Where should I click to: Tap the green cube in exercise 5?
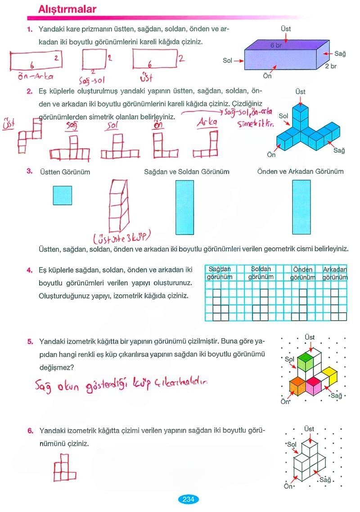click(x=306, y=362)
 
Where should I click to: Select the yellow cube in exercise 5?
click(x=330, y=373)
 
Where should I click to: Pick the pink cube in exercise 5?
click(x=313, y=385)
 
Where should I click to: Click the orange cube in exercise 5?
click(x=297, y=386)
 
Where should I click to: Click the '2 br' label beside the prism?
click(x=331, y=66)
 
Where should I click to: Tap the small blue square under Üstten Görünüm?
click(x=62, y=195)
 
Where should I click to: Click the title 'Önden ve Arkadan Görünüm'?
click(x=300, y=172)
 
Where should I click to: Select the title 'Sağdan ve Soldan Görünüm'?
click(x=187, y=172)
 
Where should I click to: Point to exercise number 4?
click(x=29, y=271)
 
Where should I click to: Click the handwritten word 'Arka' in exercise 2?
click(x=207, y=123)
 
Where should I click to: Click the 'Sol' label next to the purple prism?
click(x=228, y=60)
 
